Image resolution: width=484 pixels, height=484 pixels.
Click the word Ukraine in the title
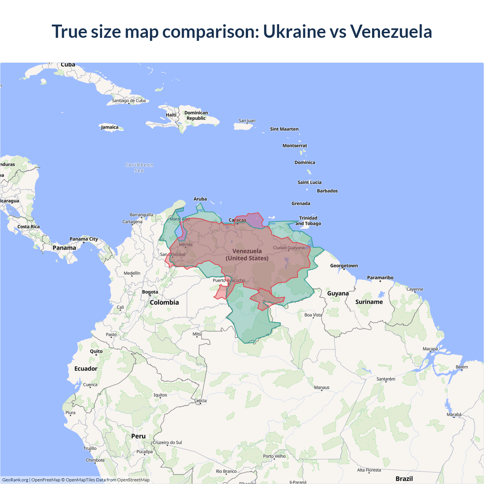294,31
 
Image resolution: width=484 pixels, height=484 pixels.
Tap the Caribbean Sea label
139,168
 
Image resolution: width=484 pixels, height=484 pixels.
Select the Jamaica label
110,127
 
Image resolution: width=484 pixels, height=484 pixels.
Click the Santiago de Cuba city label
129,101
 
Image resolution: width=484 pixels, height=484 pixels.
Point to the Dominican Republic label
196,115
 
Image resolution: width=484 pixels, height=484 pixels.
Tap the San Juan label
247,121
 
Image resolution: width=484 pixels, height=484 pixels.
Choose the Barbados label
327,191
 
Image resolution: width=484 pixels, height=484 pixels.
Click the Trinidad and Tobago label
308,220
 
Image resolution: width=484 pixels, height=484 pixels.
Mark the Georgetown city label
344,265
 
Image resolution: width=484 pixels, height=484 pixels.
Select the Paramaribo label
380,278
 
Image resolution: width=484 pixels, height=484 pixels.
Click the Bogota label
150,292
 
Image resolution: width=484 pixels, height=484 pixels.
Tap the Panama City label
84,239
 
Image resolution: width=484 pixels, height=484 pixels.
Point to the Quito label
96,351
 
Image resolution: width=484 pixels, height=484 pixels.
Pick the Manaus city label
322,387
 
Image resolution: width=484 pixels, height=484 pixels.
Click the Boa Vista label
313,315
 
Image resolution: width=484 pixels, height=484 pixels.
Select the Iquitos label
160,395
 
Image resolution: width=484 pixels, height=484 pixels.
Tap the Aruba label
200,199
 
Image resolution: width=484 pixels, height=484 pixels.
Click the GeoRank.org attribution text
15,480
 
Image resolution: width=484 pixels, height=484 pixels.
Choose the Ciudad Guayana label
289,248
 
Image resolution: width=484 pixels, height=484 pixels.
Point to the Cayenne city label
415,289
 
